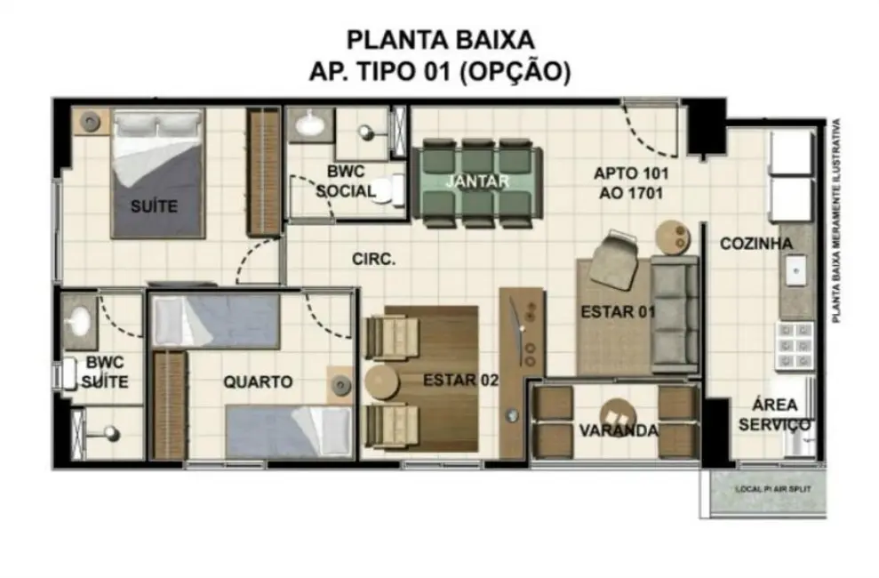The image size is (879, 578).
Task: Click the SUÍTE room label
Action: pyautogui.click(x=154, y=206)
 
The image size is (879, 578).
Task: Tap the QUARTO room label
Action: pyautogui.click(x=258, y=381)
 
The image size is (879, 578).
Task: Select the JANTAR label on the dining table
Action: pyautogui.click(x=477, y=181)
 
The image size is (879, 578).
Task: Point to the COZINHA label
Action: pyautogui.click(x=756, y=243)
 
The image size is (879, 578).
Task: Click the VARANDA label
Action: pyautogui.click(x=619, y=430)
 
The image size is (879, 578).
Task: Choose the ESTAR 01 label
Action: pyautogui.click(x=618, y=312)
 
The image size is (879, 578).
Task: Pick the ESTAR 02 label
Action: pyautogui.click(x=459, y=380)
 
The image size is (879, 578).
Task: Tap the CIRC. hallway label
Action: pyautogui.click(x=373, y=260)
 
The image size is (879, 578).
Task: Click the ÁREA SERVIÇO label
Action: pyautogui.click(x=774, y=414)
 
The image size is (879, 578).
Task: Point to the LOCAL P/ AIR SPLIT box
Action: pyautogui.click(x=767, y=490)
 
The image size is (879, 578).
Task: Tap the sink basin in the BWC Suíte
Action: pyautogui.click(x=82, y=318)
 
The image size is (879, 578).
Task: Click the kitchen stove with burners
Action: pyautogui.click(x=795, y=346)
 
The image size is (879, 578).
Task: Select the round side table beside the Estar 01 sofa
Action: pyautogui.click(x=672, y=237)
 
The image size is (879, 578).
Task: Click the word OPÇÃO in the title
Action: pyautogui.click(x=515, y=71)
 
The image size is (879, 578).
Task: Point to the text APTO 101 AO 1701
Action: pyautogui.click(x=631, y=181)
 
